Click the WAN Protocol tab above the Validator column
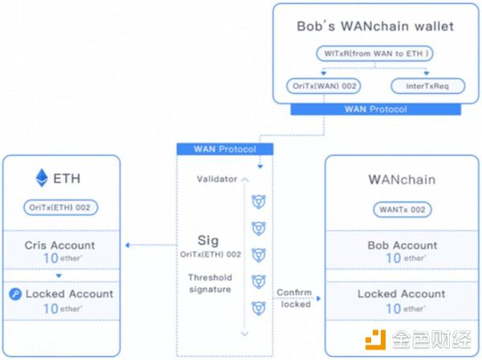(224, 149)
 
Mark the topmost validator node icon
(259, 199)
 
